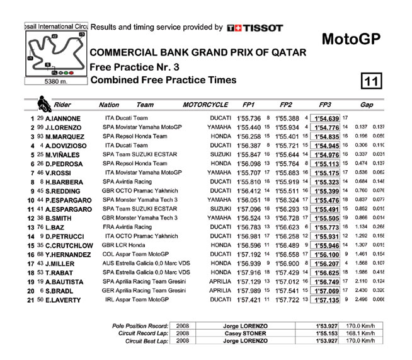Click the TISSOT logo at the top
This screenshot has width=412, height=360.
click(x=255, y=28)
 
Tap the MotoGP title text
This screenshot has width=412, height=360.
click(x=351, y=39)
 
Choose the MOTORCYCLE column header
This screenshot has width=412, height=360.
click(x=205, y=105)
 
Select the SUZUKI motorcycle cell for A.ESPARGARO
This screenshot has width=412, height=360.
click(x=220, y=209)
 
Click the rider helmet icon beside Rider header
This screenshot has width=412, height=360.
click(x=43, y=103)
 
